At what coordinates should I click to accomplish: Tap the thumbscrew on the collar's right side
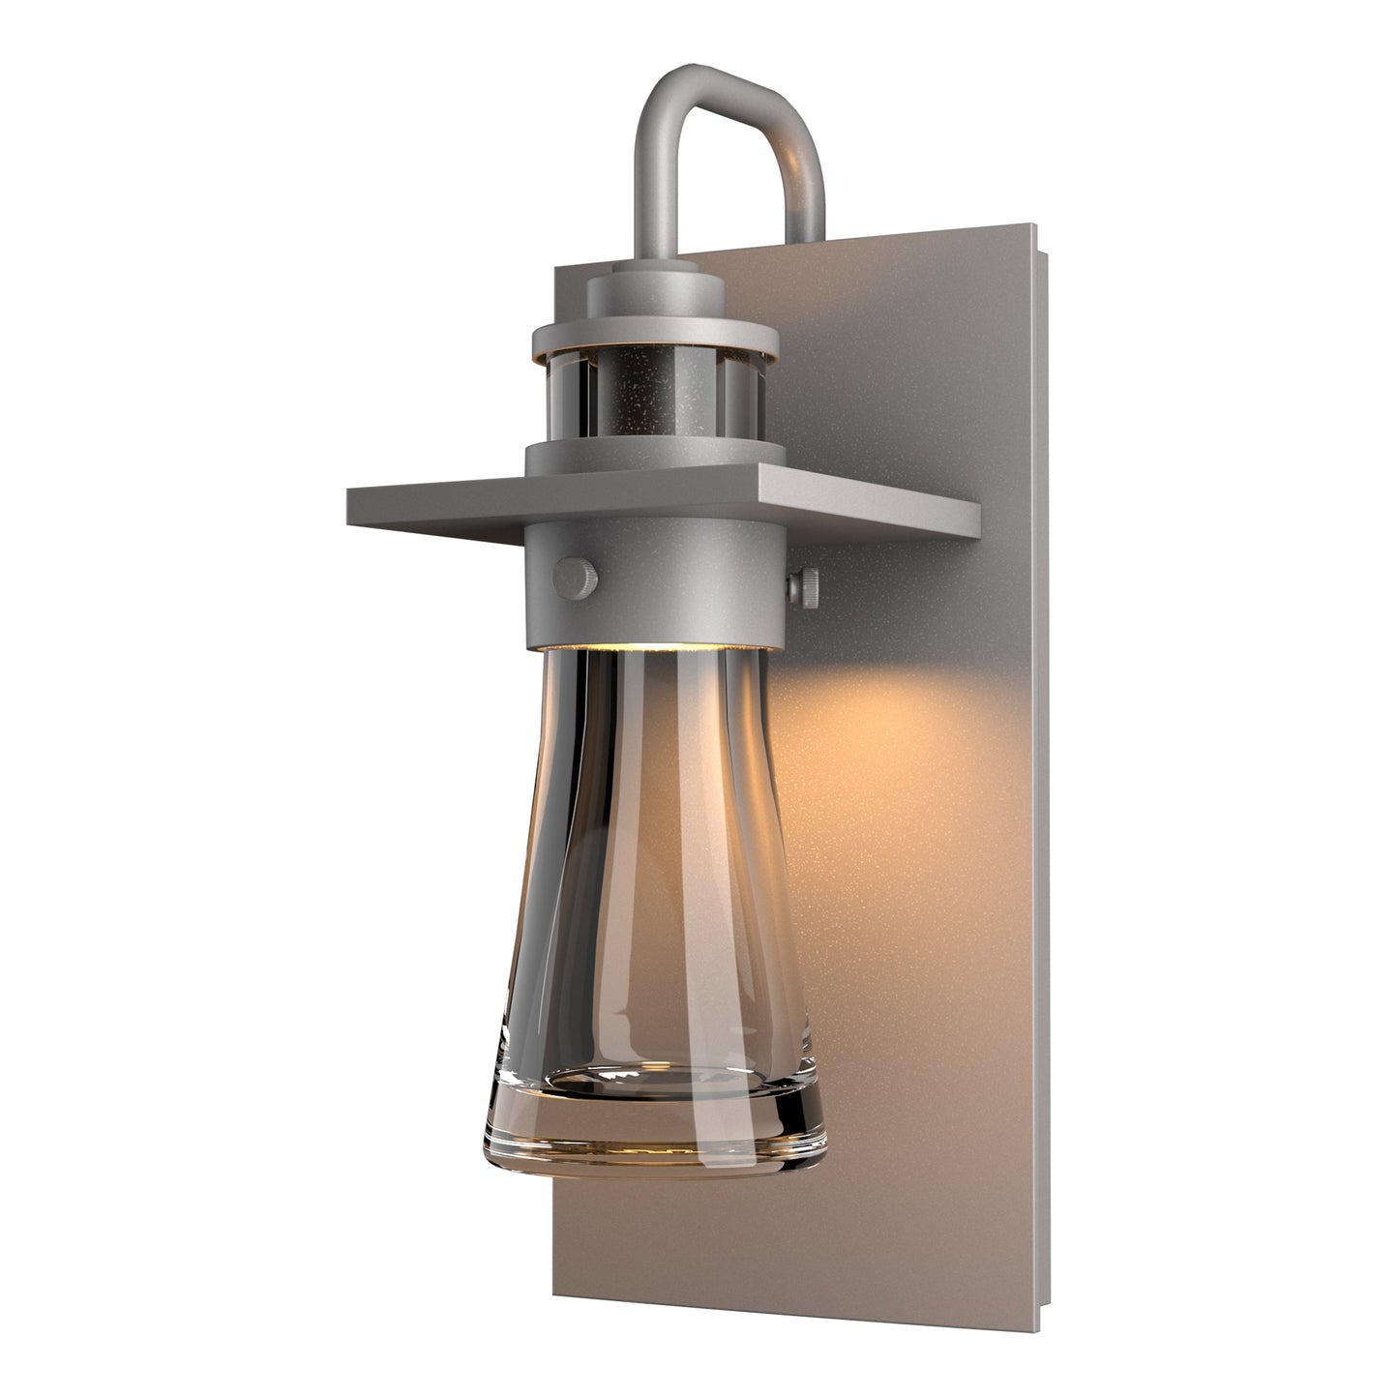[804, 586]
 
